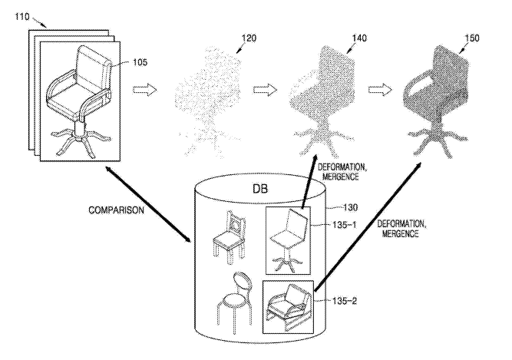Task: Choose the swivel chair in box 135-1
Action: [x=288, y=239]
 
